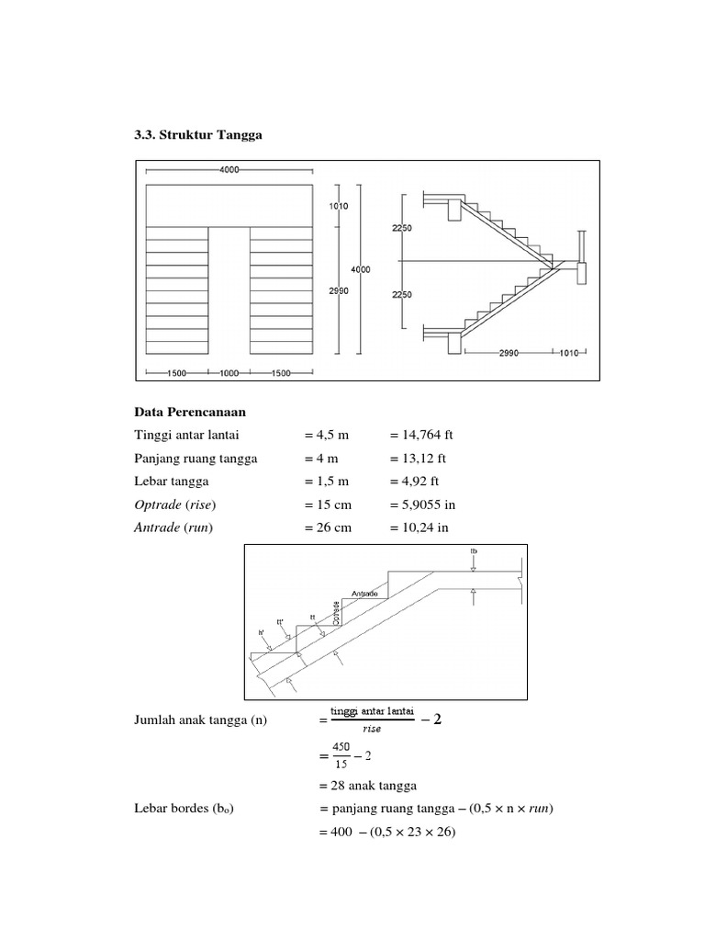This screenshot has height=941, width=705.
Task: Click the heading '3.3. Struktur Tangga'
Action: coord(197,135)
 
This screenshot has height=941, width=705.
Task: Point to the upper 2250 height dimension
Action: coord(402,230)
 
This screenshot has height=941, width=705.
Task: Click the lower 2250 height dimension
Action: coord(402,294)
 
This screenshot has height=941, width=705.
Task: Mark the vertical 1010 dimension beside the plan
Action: coord(339,208)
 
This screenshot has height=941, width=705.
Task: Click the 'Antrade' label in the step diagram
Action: coord(365,593)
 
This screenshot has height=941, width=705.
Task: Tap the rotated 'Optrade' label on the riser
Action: coord(337,613)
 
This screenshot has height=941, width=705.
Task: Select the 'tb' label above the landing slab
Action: coord(474,551)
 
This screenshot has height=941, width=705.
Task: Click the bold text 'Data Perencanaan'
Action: coord(184,413)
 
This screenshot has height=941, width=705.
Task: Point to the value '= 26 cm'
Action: coord(329,527)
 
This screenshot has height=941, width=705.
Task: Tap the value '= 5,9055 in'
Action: coord(423,505)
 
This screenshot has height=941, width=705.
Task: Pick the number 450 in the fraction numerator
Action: coord(341,746)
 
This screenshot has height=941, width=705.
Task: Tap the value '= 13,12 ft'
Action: coord(417,458)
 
